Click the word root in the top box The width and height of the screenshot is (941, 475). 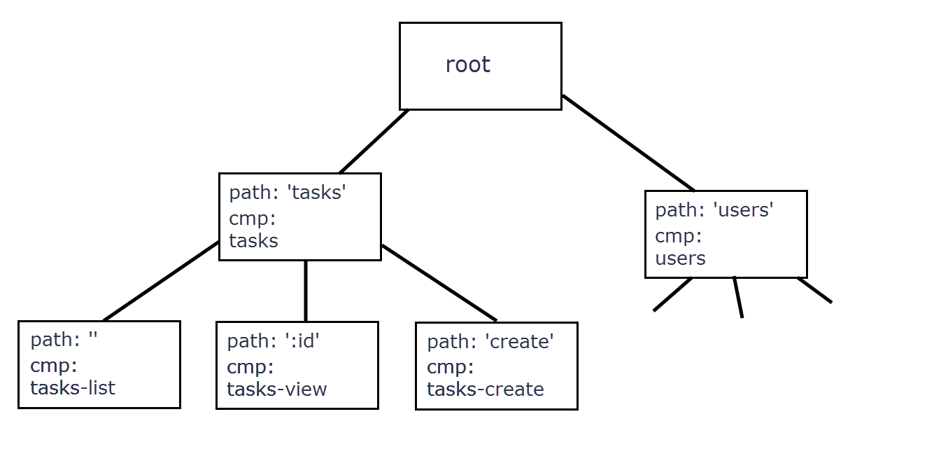[467, 65]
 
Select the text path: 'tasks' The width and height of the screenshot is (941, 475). [288, 193]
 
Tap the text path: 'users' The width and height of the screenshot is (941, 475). [714, 210]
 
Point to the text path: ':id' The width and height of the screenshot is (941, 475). [273, 341]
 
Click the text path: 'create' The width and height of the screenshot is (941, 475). [490, 342]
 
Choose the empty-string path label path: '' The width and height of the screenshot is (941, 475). [64, 340]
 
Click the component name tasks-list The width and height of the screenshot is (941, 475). [73, 388]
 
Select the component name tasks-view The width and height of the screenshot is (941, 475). [277, 389]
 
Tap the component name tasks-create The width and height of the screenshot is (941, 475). [486, 389]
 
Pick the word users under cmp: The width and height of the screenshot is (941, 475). [680, 259]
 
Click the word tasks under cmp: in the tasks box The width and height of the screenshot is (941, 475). [253, 241]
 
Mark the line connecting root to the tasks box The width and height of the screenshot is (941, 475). [374, 142]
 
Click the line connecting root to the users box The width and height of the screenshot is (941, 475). [628, 143]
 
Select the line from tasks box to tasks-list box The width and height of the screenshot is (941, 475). [161, 281]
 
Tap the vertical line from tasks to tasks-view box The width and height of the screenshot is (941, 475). [306, 291]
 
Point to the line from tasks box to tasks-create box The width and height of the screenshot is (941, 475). [439, 283]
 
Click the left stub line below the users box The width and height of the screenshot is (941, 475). [672, 294]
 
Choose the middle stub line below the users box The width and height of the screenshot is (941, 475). [738, 297]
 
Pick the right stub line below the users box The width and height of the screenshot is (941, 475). [814, 290]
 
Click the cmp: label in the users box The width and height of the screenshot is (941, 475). [678, 236]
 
